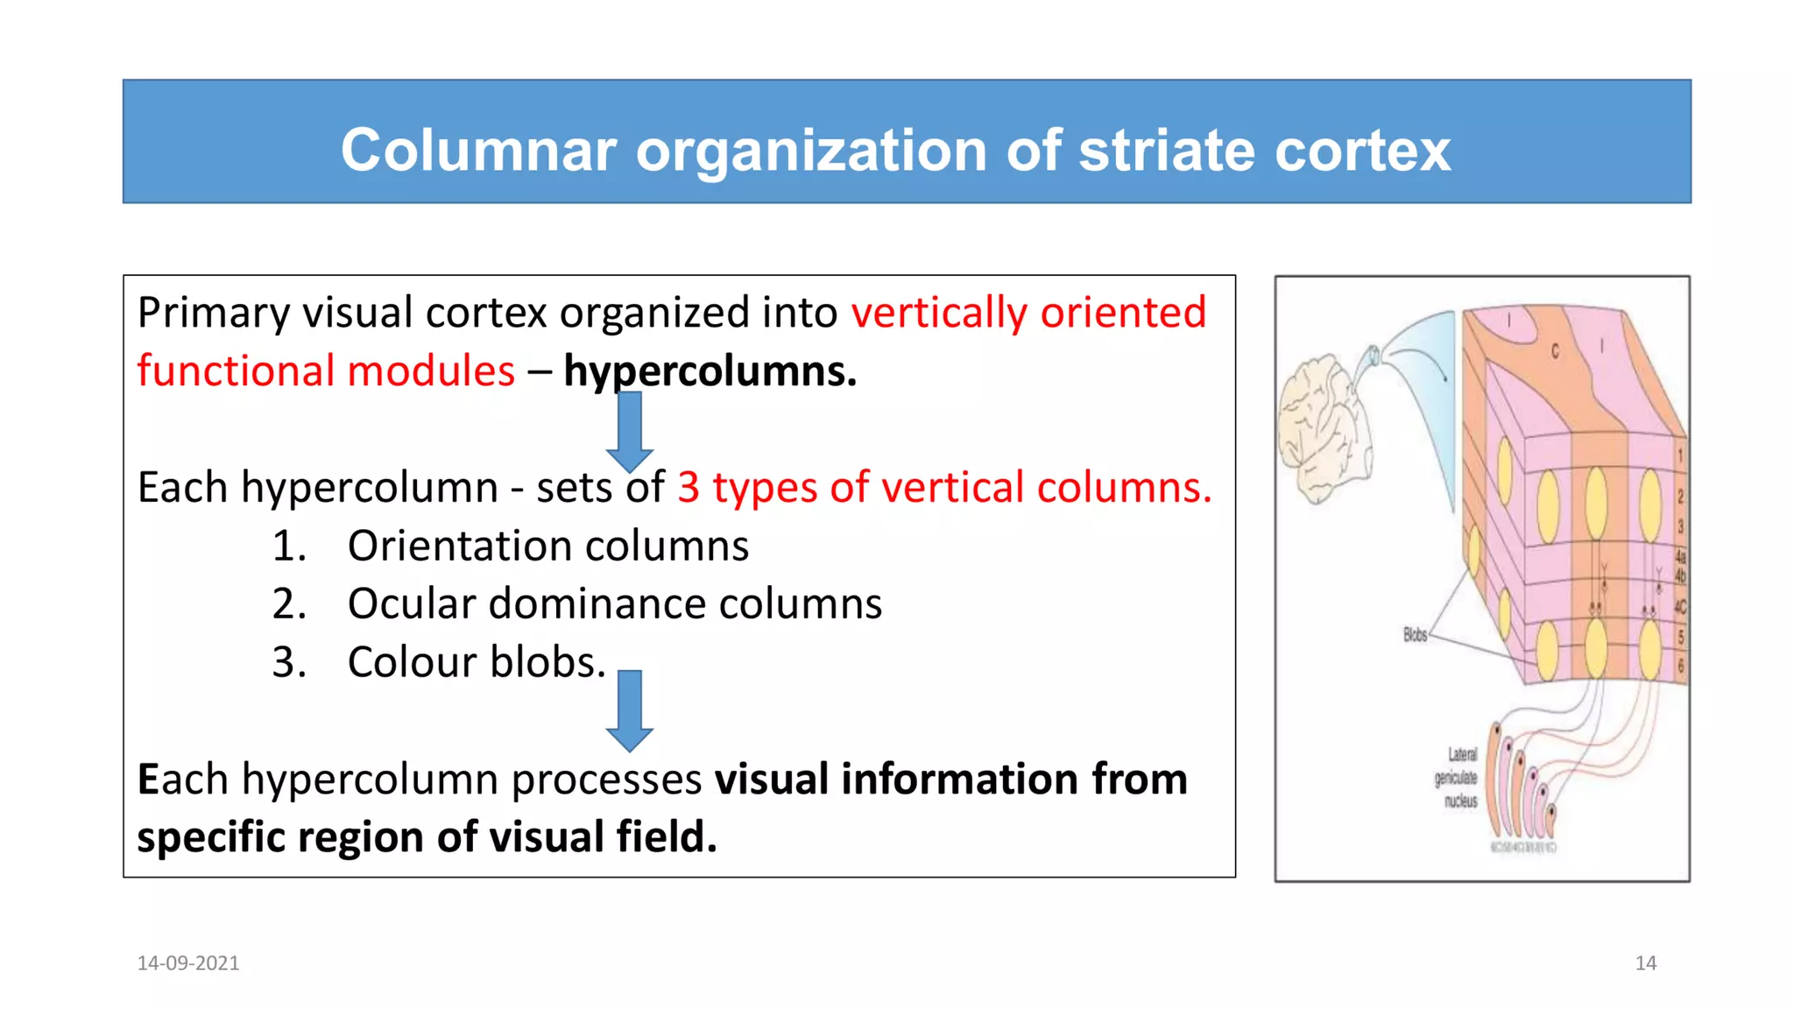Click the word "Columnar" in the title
478,150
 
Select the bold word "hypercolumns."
710,370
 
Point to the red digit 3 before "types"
689,487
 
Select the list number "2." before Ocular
289,603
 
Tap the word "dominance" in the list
597,603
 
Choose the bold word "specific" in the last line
211,837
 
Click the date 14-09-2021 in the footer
188,963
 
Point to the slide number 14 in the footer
1645,963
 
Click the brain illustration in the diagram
1323,429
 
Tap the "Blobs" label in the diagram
1415,634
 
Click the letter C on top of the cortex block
1555,351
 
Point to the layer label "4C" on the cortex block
1680,606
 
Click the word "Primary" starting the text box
213,313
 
